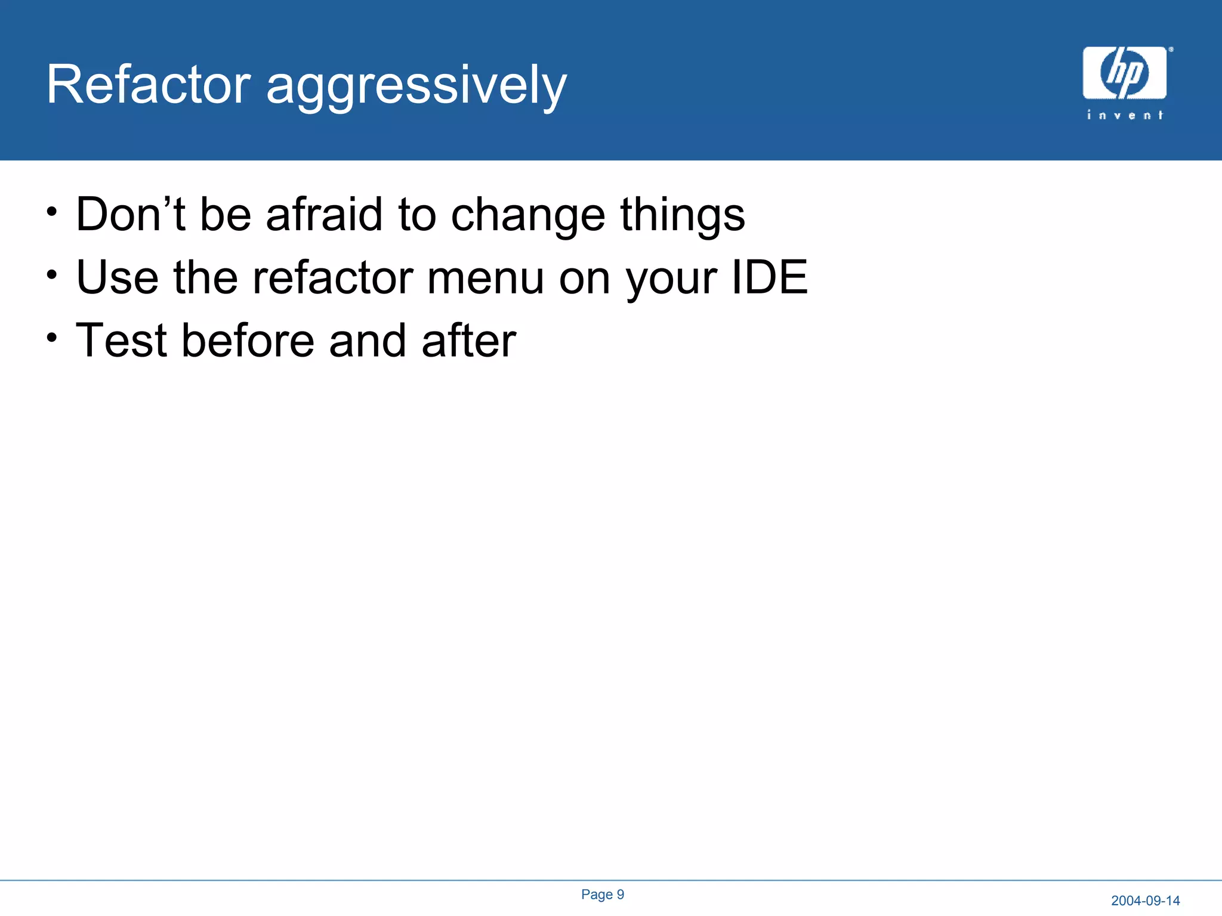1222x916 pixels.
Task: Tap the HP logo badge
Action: pyautogui.click(x=1124, y=73)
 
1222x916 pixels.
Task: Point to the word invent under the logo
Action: pyautogui.click(x=1125, y=114)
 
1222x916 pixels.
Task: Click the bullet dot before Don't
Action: pyautogui.click(x=53, y=212)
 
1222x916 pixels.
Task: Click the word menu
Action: pyautogui.click(x=485, y=277)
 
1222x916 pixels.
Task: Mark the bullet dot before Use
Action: pyautogui.click(x=53, y=274)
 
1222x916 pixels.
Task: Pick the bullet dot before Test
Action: pyautogui.click(x=53, y=338)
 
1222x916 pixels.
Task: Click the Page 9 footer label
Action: pyautogui.click(x=603, y=895)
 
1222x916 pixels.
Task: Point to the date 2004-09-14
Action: pyautogui.click(x=1145, y=900)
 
